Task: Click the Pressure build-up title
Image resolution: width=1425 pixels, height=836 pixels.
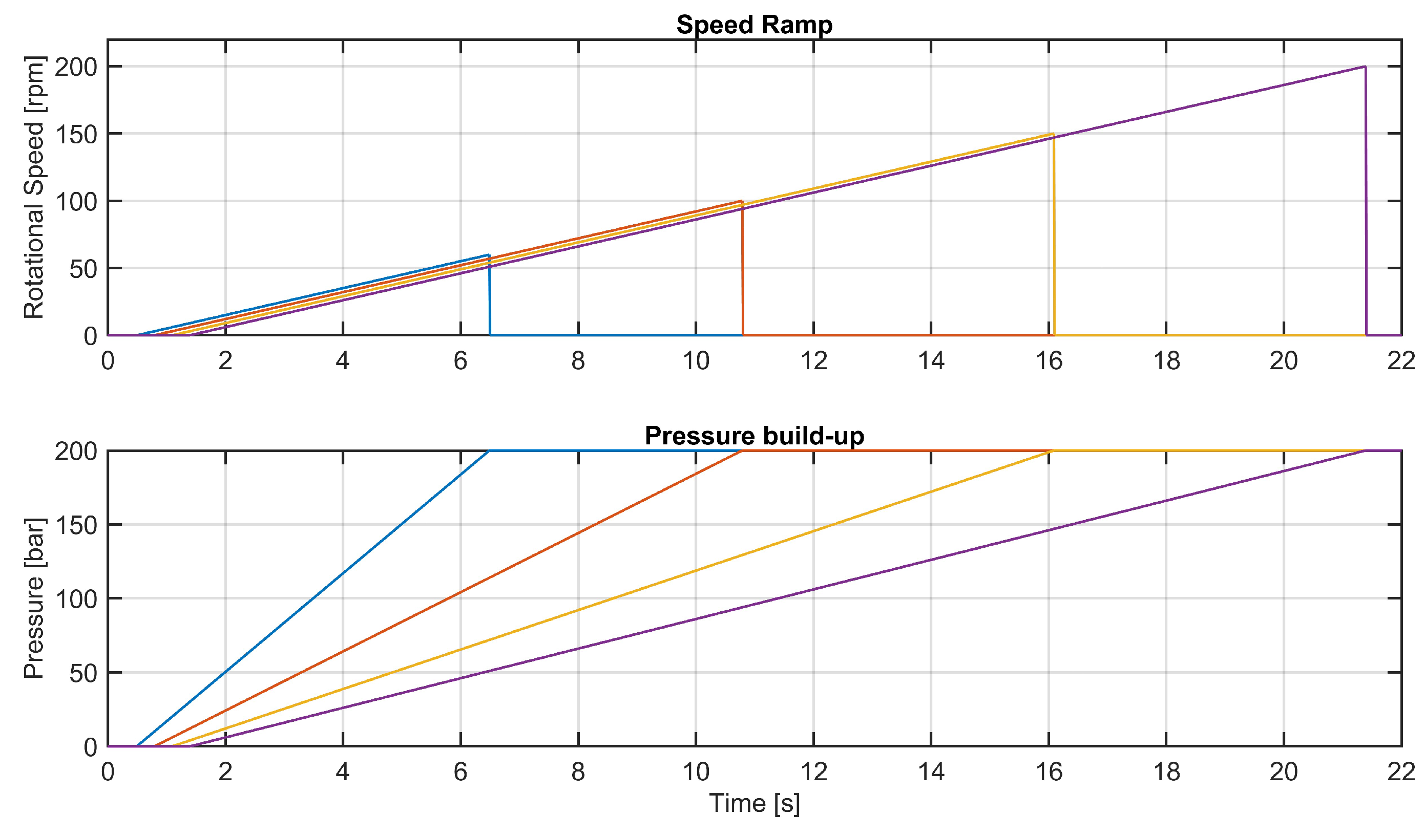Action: (x=755, y=436)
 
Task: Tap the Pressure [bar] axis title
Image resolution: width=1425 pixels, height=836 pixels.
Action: (x=34, y=598)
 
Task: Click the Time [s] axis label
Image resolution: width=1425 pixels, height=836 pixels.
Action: (x=755, y=803)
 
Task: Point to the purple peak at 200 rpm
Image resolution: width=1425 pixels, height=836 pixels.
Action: (x=1365, y=67)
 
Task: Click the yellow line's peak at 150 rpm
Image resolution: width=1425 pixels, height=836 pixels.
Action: (x=1053, y=134)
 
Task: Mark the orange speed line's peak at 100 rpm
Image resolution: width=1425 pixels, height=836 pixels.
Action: (x=741, y=201)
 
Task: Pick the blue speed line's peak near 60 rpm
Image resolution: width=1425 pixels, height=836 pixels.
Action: (x=489, y=255)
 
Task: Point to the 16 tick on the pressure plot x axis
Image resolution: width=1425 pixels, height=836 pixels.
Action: (x=1049, y=771)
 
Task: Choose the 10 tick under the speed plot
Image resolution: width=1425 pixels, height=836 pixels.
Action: (x=696, y=360)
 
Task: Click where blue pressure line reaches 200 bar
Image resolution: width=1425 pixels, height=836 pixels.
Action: (x=489, y=451)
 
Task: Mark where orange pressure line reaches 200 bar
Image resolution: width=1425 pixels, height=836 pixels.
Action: (x=742, y=451)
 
